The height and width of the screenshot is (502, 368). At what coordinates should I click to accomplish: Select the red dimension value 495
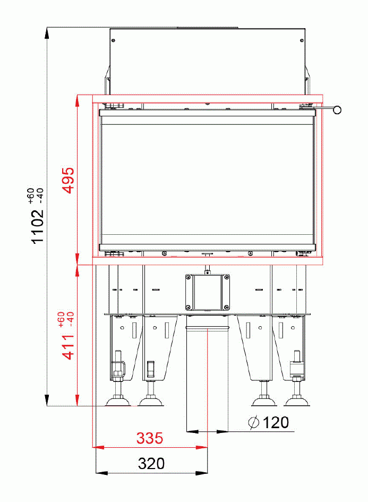[69, 181]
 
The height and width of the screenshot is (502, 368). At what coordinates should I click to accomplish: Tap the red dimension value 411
[69, 345]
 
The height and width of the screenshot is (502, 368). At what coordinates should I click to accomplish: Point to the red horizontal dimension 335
[150, 439]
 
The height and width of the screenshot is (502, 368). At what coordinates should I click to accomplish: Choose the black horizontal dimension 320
[151, 464]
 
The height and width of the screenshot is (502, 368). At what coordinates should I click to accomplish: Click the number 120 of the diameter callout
[276, 423]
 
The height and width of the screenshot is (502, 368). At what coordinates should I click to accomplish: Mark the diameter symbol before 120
[254, 423]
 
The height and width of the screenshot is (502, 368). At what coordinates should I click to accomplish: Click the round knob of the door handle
[336, 110]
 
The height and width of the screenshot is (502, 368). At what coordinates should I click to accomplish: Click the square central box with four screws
[207, 292]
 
